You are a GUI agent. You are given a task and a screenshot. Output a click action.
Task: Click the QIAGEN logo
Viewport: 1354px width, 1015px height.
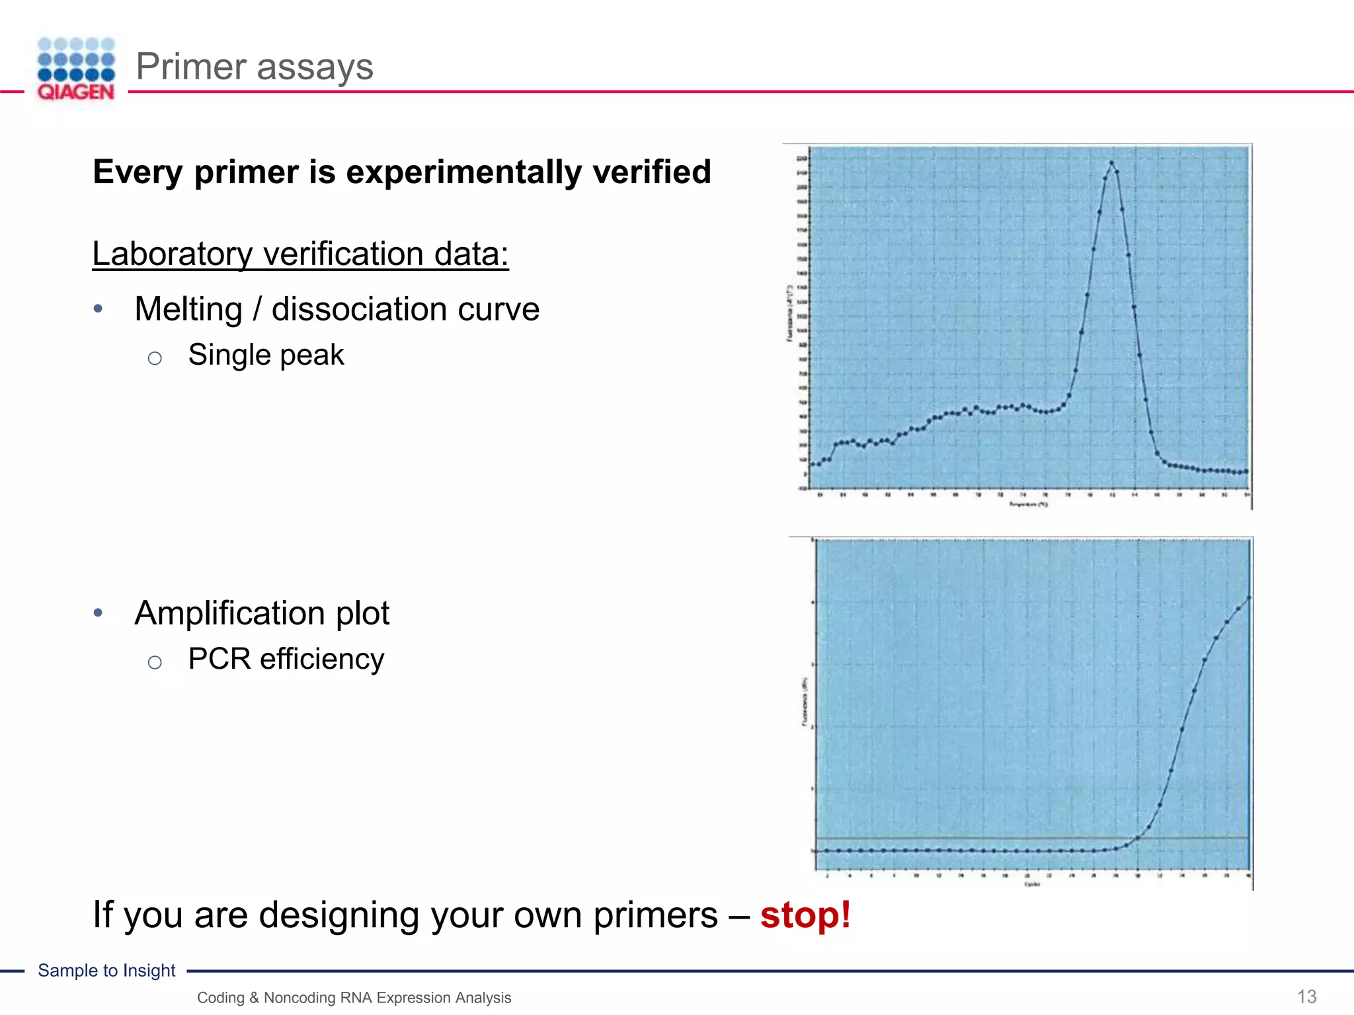(76, 69)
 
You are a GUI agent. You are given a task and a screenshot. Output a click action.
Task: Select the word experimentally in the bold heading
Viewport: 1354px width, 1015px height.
(463, 172)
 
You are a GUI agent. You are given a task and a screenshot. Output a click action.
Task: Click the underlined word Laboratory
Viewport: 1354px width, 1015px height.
(173, 254)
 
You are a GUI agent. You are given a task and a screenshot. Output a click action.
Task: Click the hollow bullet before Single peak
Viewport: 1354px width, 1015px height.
(155, 358)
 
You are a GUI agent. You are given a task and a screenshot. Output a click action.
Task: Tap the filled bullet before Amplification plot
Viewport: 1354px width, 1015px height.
(98, 613)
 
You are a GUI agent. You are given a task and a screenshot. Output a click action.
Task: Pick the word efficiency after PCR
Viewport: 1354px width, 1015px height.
(322, 659)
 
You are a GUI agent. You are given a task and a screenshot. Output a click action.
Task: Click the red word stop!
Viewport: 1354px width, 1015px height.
(805, 915)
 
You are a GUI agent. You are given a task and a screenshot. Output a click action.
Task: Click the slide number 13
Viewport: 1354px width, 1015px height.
(1306, 996)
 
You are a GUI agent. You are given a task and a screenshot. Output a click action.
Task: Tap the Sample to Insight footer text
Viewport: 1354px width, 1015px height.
(106, 970)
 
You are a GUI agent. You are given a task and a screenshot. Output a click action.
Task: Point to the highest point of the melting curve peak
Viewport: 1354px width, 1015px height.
(1111, 163)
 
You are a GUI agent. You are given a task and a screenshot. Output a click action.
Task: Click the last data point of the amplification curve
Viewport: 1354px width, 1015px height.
(1249, 597)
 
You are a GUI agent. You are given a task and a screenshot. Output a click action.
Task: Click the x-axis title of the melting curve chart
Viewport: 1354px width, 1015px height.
(1028, 504)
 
